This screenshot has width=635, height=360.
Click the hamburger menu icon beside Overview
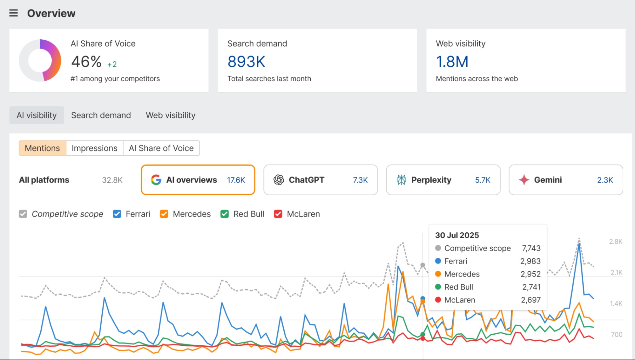(13, 13)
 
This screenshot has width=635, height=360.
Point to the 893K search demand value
(246, 62)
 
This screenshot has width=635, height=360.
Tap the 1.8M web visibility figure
(452, 62)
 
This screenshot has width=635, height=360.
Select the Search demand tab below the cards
(101, 115)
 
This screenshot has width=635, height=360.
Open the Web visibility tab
(170, 115)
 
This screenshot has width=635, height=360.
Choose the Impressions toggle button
(94, 148)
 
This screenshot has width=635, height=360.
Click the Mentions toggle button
(42, 148)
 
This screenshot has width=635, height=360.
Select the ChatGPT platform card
(320, 180)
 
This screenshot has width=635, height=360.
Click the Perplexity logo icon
(401, 180)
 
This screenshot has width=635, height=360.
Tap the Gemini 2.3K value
(605, 180)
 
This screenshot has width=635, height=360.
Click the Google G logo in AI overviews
(156, 180)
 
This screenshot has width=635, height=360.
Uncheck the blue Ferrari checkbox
(117, 214)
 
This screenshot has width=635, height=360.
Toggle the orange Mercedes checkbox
(164, 214)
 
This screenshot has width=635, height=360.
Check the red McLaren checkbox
(278, 214)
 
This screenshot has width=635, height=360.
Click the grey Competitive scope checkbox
(23, 214)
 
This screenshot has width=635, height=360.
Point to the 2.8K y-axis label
(615, 242)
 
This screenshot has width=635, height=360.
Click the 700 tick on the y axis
(616, 334)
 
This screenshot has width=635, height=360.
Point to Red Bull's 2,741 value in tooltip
(531, 287)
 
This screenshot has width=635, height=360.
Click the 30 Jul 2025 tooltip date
(457, 235)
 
